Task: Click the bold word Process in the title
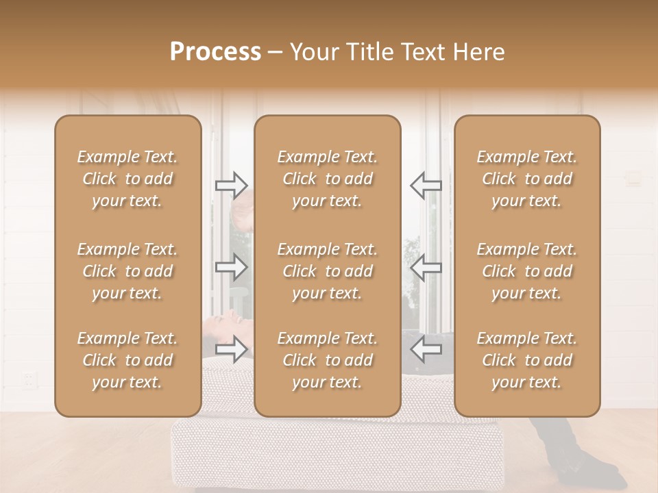(215, 52)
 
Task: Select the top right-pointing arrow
(231, 185)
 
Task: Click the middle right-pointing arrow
(231, 267)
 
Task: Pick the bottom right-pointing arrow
(231, 349)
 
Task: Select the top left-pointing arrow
(426, 185)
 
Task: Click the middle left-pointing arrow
(426, 267)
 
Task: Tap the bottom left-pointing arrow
(426, 349)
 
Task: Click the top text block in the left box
(127, 179)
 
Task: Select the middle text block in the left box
(127, 271)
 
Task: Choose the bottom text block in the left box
(127, 360)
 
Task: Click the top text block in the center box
(328, 179)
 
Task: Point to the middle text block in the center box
(328, 271)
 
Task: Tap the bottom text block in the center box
(328, 360)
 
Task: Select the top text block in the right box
(527, 179)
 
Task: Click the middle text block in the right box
(527, 271)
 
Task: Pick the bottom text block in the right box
(527, 360)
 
